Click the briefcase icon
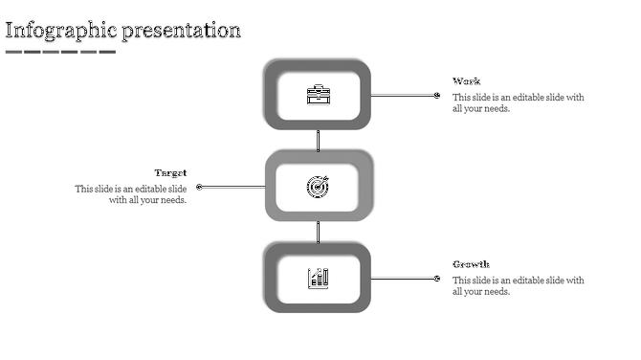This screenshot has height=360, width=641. click(x=318, y=95)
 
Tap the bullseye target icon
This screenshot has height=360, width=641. click(x=318, y=187)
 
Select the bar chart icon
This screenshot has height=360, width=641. click(x=318, y=278)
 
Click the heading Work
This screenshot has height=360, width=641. click(x=467, y=81)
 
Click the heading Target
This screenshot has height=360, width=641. click(x=170, y=173)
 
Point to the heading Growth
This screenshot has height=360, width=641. click(x=471, y=264)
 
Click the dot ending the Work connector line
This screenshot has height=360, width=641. click(x=437, y=96)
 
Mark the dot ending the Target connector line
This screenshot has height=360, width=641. click(x=199, y=187)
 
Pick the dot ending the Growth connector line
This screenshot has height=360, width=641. click(x=437, y=279)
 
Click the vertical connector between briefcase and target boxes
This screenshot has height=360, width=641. click(x=318, y=140)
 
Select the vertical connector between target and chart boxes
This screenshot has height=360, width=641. click(x=318, y=232)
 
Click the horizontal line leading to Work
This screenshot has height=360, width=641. click(x=403, y=96)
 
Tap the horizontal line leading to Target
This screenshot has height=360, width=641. click(x=232, y=187)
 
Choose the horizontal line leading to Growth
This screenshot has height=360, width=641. click(x=403, y=279)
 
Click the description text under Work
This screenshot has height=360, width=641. click(x=518, y=103)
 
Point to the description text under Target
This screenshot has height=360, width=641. click(x=132, y=194)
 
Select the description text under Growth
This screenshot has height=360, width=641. click(x=518, y=286)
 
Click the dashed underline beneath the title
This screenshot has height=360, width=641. click(x=60, y=52)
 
